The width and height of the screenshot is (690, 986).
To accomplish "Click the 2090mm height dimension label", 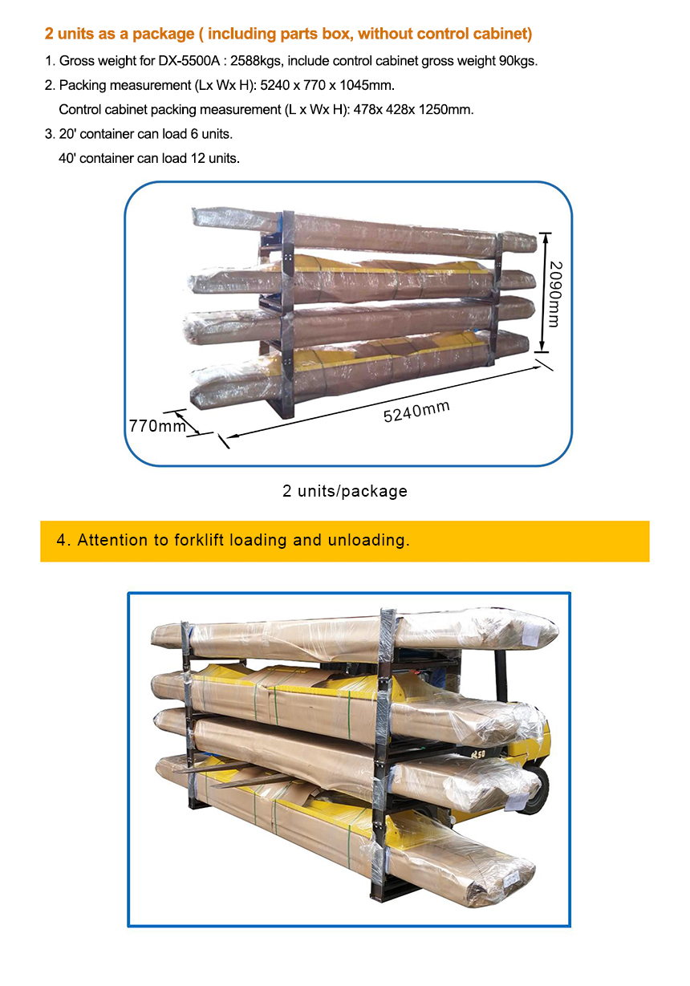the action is click(x=556, y=294).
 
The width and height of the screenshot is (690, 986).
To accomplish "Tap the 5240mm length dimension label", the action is click(x=416, y=412).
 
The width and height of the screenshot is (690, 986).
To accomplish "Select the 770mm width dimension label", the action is click(x=157, y=426).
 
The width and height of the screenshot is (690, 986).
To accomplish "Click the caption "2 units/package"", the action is click(x=345, y=491).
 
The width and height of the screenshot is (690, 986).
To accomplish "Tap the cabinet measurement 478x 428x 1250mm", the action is click(x=413, y=110).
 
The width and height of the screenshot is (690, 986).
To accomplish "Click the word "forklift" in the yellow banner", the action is click(x=199, y=540).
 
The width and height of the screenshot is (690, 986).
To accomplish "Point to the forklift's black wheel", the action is click(x=536, y=790).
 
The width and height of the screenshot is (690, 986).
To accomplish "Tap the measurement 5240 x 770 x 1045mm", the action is click(x=327, y=85).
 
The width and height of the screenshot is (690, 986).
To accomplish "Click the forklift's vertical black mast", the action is click(x=501, y=676).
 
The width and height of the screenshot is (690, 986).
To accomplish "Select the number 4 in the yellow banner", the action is click(x=61, y=540).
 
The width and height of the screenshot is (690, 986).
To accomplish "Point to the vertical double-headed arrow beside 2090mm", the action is click(x=544, y=292).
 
